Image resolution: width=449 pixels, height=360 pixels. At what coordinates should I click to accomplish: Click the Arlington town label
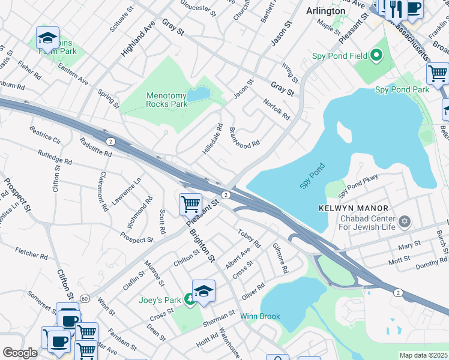(326, 11)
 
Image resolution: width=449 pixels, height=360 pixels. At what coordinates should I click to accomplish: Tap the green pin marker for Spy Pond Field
(376, 56)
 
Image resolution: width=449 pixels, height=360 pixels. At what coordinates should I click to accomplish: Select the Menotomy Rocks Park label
(167, 100)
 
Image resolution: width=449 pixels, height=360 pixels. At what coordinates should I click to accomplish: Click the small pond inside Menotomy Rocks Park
(199, 94)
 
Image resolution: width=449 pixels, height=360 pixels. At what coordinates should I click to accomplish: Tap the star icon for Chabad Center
(405, 222)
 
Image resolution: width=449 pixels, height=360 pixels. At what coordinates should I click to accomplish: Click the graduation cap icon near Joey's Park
(203, 291)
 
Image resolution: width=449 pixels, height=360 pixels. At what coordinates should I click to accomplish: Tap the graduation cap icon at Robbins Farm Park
(47, 38)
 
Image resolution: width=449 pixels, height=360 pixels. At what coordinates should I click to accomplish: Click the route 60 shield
(85, 298)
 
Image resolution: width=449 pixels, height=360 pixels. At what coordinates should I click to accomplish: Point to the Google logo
(20, 353)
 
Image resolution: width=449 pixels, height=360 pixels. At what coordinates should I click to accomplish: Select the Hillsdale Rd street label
(212, 140)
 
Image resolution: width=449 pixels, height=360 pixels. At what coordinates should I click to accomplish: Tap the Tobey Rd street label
(249, 239)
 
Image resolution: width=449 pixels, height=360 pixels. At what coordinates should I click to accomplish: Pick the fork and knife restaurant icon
(396, 8)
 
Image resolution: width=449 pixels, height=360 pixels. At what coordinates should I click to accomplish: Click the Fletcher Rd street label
(31, 253)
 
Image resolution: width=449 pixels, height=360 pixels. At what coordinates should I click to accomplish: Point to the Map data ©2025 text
(423, 355)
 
